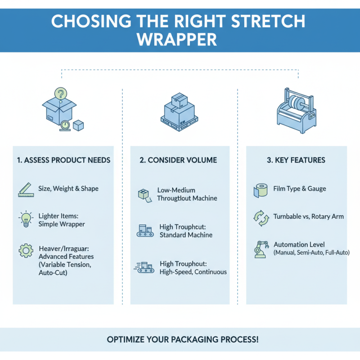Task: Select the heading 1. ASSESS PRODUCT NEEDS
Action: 63,160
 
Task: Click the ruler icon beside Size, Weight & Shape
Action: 27,189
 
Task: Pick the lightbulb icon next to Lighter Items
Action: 26,219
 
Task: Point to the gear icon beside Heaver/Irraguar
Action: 25,250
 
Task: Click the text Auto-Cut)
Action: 53,272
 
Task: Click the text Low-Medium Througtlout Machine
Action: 187,194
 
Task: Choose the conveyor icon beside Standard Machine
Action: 144,231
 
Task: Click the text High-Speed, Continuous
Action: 193,272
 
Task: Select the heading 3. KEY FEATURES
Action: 296,160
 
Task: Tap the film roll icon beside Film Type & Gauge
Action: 260,190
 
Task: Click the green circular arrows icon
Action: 260,217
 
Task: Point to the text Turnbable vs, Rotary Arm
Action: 308,216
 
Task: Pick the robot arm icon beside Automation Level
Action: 260,249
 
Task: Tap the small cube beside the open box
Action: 78,126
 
